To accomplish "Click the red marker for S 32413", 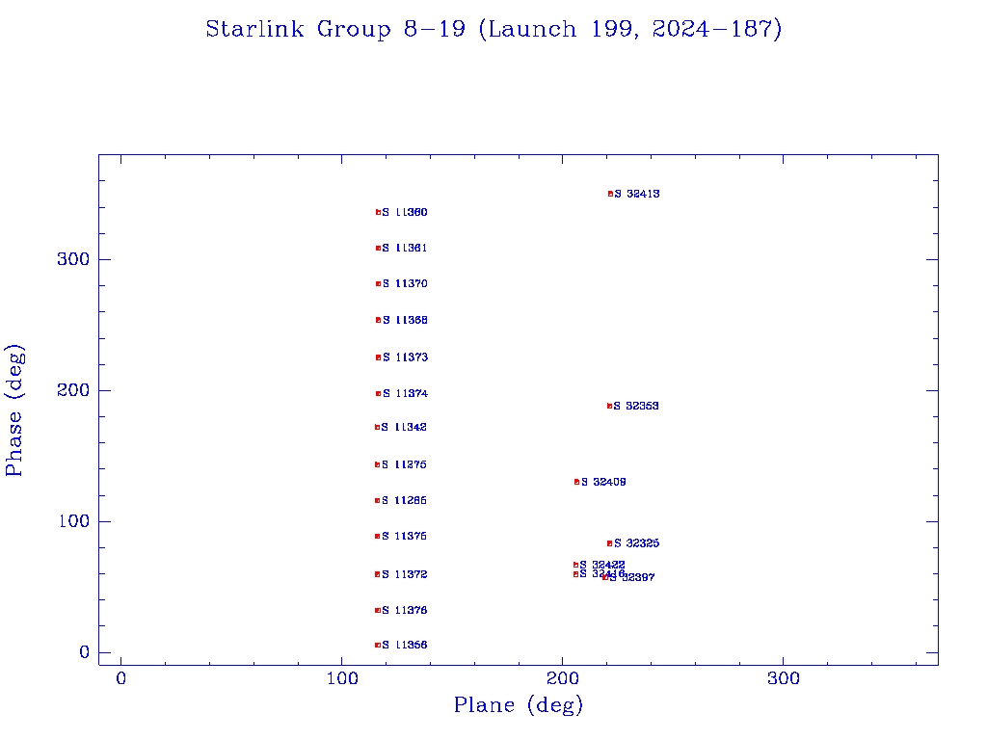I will click(610, 194).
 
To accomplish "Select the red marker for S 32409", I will click(576, 482).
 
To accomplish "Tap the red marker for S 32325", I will click(609, 543).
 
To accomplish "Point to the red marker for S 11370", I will click(378, 284).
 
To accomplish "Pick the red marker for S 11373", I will click(378, 357).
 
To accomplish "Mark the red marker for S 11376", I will click(377, 611).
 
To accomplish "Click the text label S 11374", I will click(405, 394).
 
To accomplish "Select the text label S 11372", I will click(405, 575).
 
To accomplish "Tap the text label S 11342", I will click(405, 428).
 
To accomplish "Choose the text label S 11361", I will click(405, 249).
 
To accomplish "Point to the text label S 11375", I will click(405, 537).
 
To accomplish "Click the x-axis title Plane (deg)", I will click(519, 706).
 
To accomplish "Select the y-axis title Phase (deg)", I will click(15, 410).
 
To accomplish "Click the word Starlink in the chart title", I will click(252, 30).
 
